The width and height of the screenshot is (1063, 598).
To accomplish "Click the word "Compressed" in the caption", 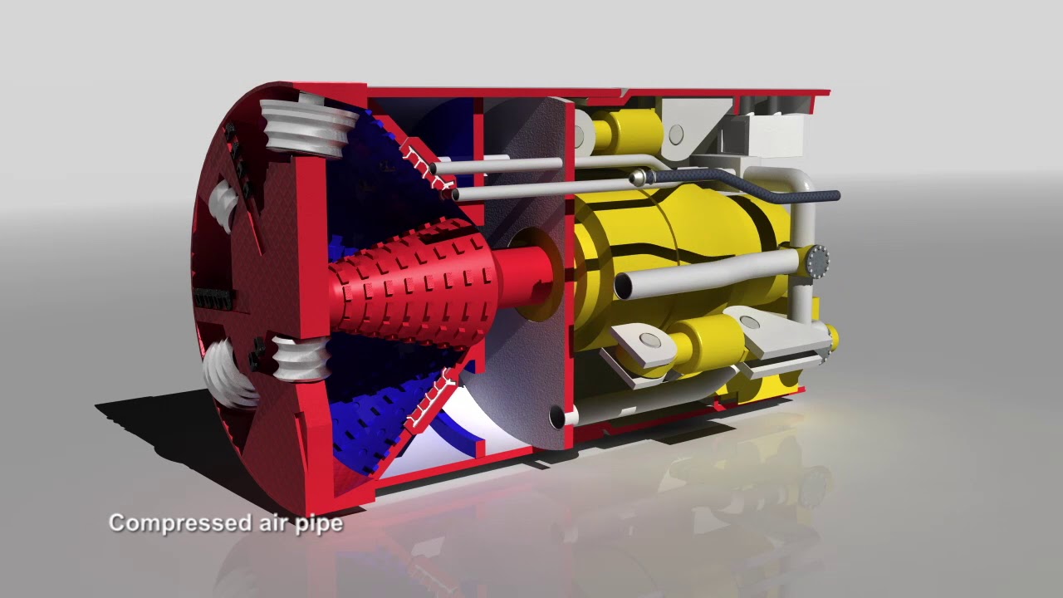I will (176, 523).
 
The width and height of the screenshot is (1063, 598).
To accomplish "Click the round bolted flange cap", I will (816, 262).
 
